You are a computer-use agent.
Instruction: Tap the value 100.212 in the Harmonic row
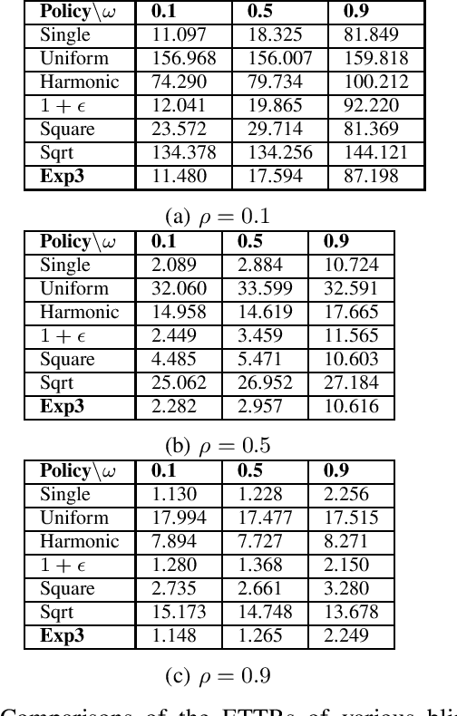[x=375, y=82]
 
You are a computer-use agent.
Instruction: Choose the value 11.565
[x=351, y=336]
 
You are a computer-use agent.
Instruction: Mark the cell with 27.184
[x=351, y=383]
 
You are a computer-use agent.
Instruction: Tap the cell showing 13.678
[x=351, y=613]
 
